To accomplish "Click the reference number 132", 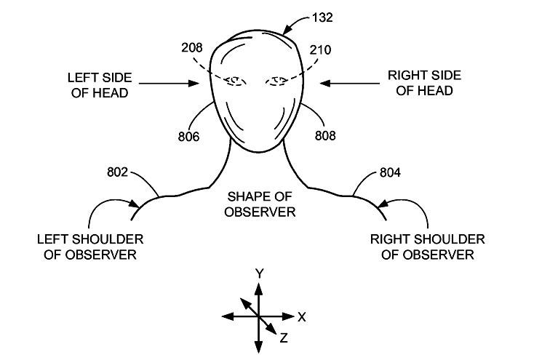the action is pyautogui.click(x=322, y=17).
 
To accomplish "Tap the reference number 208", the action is pyautogui.click(x=192, y=48).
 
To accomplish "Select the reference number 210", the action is pyautogui.click(x=320, y=50).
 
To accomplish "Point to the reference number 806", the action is pyautogui.click(x=188, y=137).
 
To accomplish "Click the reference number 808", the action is pyautogui.click(x=325, y=136).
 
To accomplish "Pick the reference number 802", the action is pyautogui.click(x=118, y=172).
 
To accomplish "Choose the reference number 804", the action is pyautogui.click(x=390, y=172).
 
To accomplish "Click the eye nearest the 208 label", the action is pyautogui.click(x=236, y=81).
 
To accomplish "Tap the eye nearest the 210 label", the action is pyautogui.click(x=276, y=81).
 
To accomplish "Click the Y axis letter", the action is pyautogui.click(x=259, y=273).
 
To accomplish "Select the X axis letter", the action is pyautogui.click(x=302, y=317).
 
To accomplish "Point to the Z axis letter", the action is pyautogui.click(x=284, y=337).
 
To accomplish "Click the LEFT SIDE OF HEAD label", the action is pyautogui.click(x=100, y=85).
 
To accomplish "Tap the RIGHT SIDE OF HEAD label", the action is pyautogui.click(x=424, y=83).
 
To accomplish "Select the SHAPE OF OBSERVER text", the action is pyautogui.click(x=260, y=204).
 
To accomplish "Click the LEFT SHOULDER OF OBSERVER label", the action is pyautogui.click(x=90, y=247).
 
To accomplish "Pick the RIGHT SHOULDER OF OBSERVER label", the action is pyautogui.click(x=427, y=247).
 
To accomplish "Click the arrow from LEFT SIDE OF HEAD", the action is pyautogui.click(x=169, y=83).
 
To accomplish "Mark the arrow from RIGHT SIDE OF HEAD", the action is pyautogui.click(x=349, y=83).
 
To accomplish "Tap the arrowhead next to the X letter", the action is pyautogui.click(x=289, y=316).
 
